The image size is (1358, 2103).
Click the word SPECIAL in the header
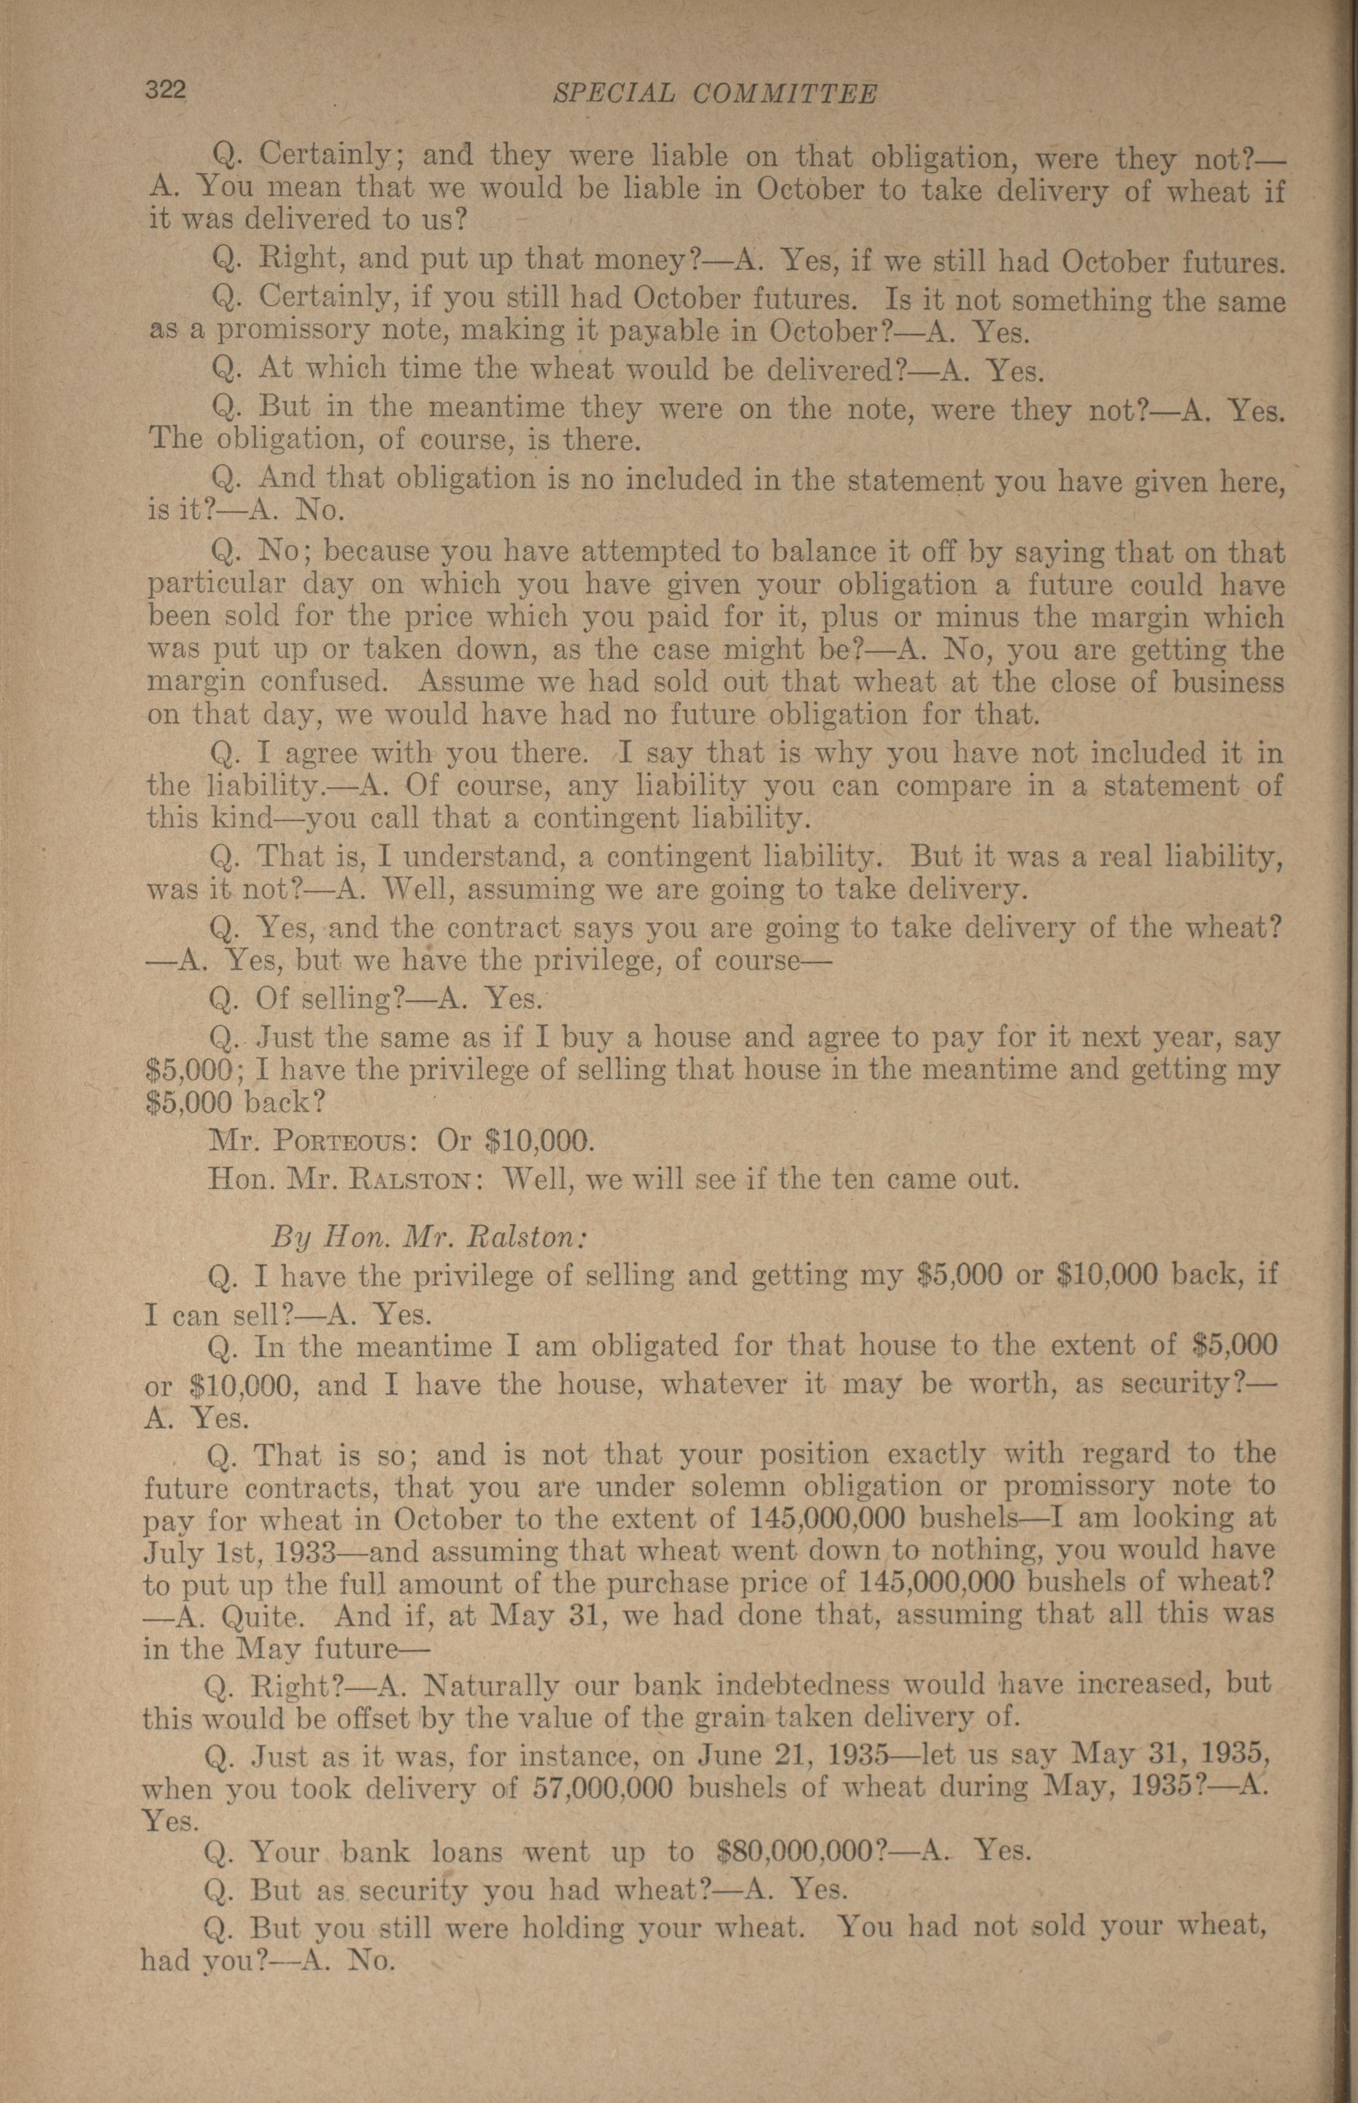613,93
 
